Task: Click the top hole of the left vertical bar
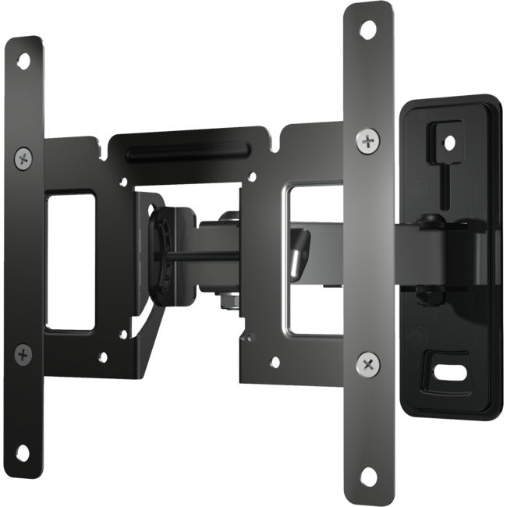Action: pyautogui.click(x=23, y=60)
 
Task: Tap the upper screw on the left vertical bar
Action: pyautogui.click(x=23, y=158)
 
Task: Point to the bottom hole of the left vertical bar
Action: pyautogui.click(x=23, y=452)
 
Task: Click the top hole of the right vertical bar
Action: pyautogui.click(x=368, y=29)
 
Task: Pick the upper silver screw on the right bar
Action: pyautogui.click(x=367, y=140)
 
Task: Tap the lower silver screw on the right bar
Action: pyautogui.click(x=367, y=363)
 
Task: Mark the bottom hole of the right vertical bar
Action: pyautogui.click(x=368, y=475)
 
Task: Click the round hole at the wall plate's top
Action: pyautogui.click(x=450, y=143)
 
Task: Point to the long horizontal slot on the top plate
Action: pyautogui.click(x=187, y=154)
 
